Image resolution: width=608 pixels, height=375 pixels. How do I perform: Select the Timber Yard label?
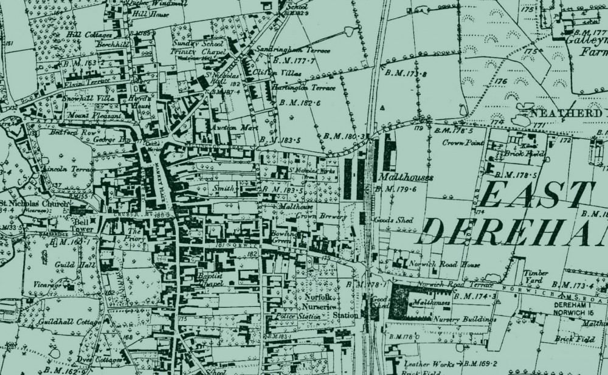pos(536,277)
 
